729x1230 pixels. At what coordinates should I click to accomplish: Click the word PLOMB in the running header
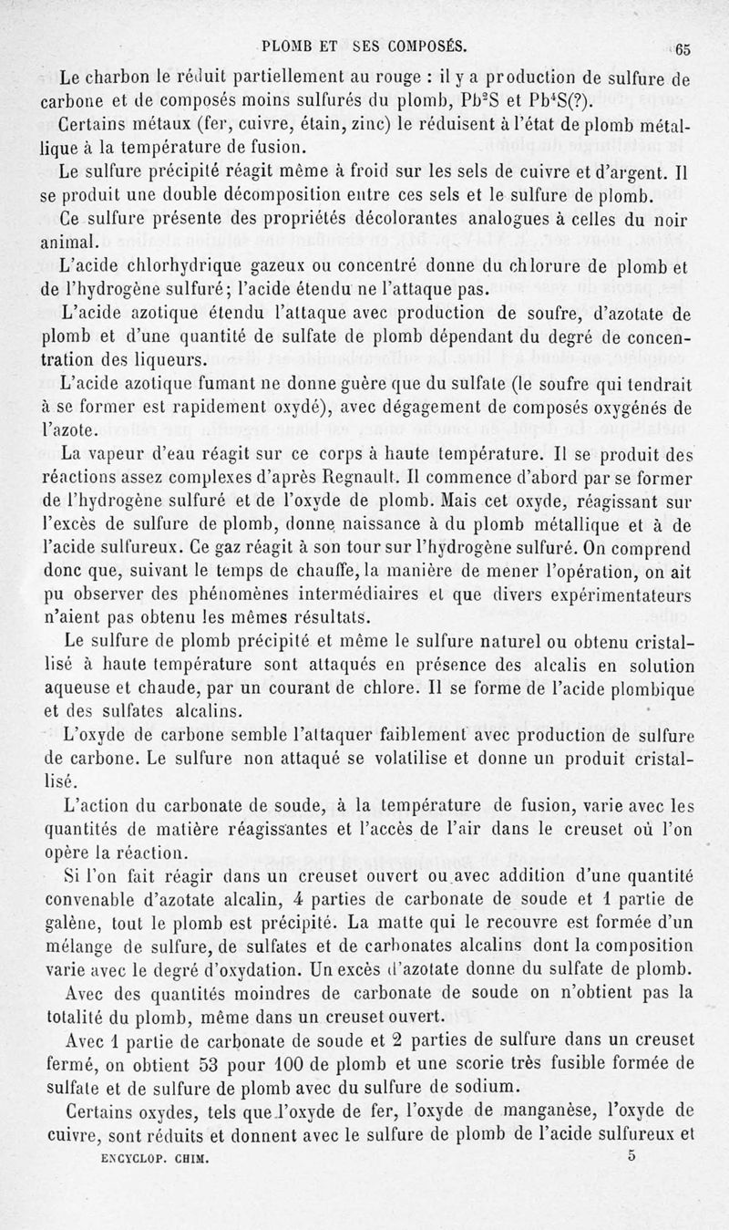289,44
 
